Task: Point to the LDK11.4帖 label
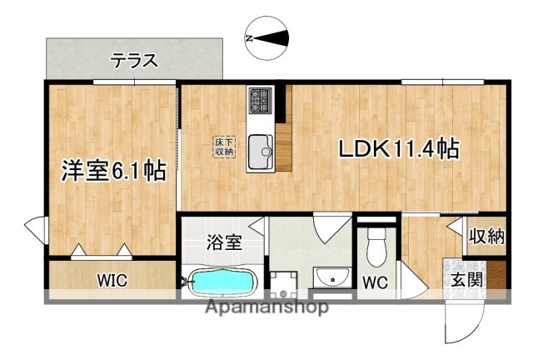(399, 149)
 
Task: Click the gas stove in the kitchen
(260, 101)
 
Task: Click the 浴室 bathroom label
(224, 242)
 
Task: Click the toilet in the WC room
(376, 247)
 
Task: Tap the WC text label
(376, 282)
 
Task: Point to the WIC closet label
(111, 280)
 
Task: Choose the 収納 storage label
(486, 236)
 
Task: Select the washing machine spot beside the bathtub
(284, 284)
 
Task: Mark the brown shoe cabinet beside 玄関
(497, 275)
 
